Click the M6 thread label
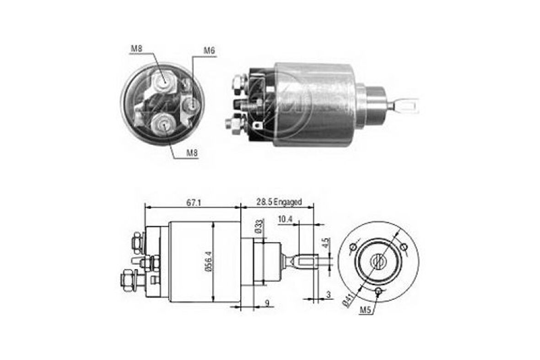(209, 50)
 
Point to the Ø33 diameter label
(259, 227)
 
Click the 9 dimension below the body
(267, 303)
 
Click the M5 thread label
(364, 311)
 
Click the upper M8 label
(136, 48)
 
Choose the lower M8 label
(192, 153)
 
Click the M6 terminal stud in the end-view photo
(192, 106)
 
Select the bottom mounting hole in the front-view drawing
(378, 292)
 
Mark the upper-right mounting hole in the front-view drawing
(404, 247)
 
